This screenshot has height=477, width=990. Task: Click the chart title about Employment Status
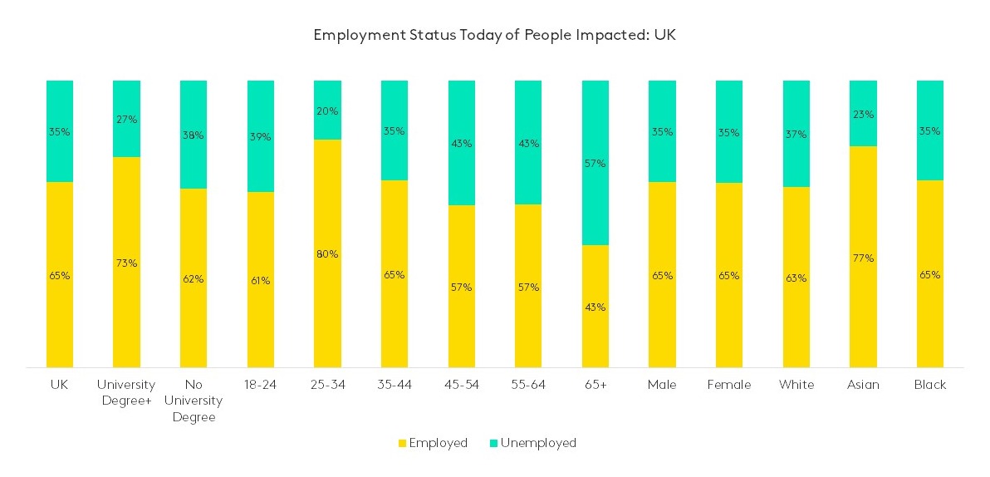[x=494, y=36]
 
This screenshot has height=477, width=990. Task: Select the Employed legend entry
[x=432, y=443]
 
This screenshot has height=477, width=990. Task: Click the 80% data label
[x=327, y=254]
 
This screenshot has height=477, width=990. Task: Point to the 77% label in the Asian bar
[x=863, y=258]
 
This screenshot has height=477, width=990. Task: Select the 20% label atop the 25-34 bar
[x=327, y=111]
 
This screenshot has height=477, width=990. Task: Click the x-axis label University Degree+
[x=126, y=392]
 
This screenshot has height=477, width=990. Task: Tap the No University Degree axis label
[x=194, y=401]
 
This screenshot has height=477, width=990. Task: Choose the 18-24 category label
[x=260, y=385]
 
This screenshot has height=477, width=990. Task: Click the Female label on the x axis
[x=729, y=385]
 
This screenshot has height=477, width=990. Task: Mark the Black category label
[x=929, y=385]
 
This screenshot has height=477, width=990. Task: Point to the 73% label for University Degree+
[x=126, y=263]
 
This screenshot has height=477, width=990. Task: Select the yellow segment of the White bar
[x=796, y=316]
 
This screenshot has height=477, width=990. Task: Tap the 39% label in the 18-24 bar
[x=260, y=137]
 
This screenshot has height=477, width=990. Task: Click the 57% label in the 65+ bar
[x=595, y=164]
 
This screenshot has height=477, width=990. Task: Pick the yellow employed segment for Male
[x=662, y=316]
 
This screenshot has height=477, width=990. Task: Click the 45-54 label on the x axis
[x=461, y=385]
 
